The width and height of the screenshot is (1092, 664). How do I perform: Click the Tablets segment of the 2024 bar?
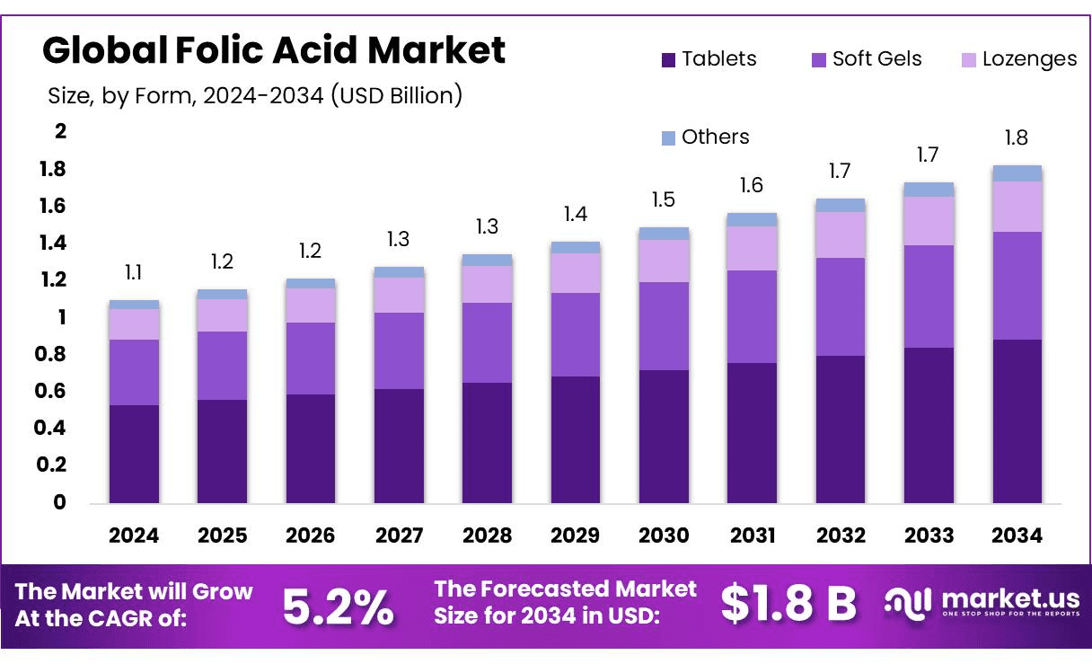click(134, 454)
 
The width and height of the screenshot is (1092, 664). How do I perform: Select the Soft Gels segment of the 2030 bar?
click(664, 326)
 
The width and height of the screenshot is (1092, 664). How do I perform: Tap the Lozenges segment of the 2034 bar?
click(1017, 207)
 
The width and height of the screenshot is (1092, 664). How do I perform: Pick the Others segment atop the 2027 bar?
click(399, 272)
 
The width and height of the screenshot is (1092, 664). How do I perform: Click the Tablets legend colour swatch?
click(668, 60)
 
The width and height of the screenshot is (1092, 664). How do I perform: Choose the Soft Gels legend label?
click(876, 59)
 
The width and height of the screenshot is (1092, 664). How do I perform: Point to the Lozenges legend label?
click(1029, 59)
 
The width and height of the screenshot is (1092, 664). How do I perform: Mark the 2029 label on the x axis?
click(575, 536)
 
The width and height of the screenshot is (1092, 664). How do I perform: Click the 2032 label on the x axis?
click(841, 536)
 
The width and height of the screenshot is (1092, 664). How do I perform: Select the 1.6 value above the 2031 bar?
click(752, 185)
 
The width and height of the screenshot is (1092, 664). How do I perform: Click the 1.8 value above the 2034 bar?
click(1017, 138)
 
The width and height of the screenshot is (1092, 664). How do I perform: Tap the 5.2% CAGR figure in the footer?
click(338, 606)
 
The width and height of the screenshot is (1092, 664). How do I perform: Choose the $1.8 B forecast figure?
click(788, 604)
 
